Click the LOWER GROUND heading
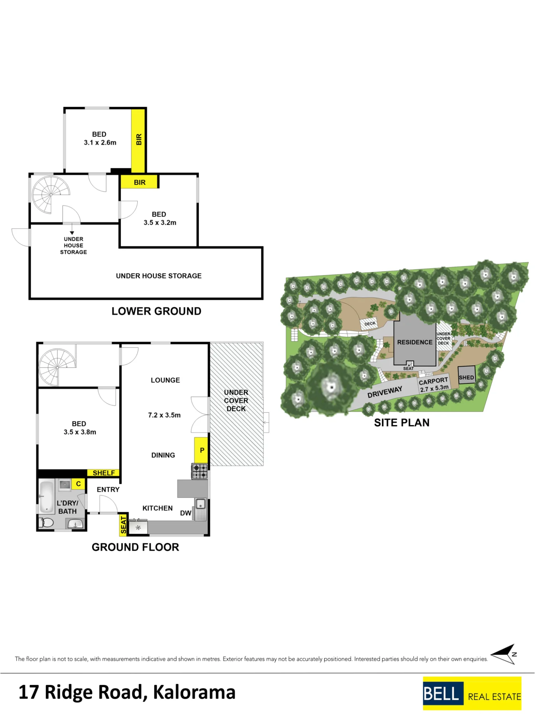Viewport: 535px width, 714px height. [156, 311]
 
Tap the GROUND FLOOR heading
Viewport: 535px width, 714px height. [135, 547]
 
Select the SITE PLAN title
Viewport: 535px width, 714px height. [402, 423]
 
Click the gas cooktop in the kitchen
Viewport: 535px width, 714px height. [199, 471]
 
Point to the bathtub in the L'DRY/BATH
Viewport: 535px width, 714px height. [46, 497]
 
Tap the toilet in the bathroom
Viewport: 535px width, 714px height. [46, 523]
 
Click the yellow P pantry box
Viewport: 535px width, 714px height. [201, 450]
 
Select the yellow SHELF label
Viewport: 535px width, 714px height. [103, 473]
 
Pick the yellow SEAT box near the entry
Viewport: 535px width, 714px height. [123, 525]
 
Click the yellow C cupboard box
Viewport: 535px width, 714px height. [78, 484]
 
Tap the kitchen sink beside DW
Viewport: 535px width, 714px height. [201, 509]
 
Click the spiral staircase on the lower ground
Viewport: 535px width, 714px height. [51, 195]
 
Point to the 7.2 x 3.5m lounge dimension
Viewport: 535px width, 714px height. [164, 415]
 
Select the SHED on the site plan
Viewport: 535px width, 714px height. [467, 375]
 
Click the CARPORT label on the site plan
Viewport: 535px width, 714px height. [433, 381]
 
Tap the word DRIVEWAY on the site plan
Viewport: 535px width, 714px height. [385, 392]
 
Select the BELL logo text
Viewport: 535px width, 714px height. [441, 694]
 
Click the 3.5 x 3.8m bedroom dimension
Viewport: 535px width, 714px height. [80, 432]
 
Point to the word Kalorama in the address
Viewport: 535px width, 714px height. [194, 692]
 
